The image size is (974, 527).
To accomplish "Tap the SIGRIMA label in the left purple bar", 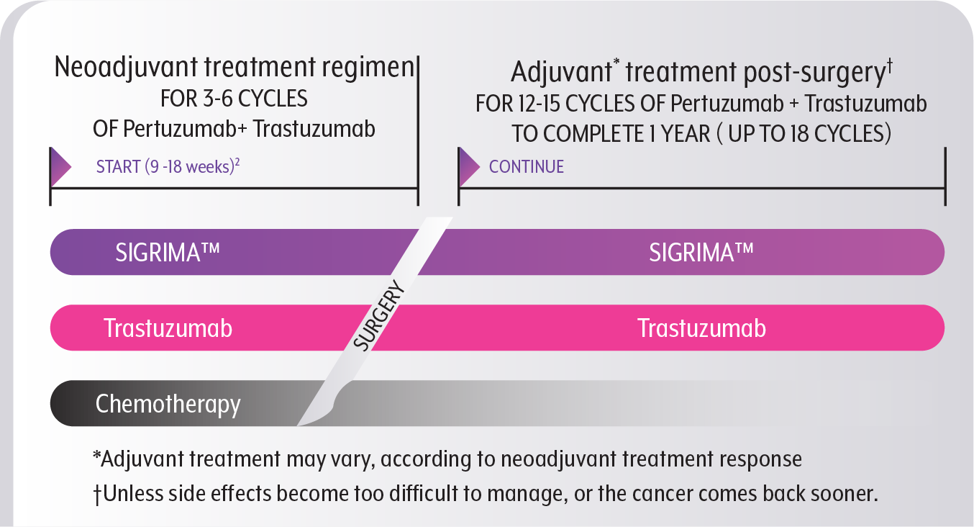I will tap(167, 253).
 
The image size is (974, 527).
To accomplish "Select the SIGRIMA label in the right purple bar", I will tap(701, 253).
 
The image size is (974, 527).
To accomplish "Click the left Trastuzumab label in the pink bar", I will tap(168, 328).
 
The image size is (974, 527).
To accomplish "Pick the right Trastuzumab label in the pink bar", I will tap(701, 328).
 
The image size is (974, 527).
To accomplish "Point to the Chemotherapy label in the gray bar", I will tap(168, 404).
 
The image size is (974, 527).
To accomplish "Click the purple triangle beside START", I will tap(60, 167).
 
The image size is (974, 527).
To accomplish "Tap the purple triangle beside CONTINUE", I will tap(468, 167).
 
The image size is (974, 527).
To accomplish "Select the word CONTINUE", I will tap(527, 167).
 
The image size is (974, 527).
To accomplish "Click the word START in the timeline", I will tap(118, 167).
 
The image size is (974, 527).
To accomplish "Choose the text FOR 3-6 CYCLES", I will tap(235, 99).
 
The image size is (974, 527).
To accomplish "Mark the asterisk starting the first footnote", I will tap(96, 459).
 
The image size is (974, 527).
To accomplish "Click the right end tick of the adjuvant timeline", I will tap(945, 188).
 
